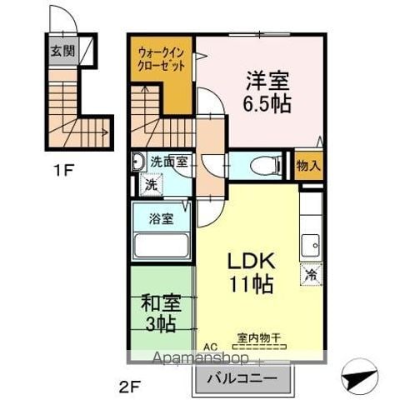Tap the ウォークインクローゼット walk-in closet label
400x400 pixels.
click(161, 59)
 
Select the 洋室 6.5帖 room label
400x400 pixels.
click(267, 92)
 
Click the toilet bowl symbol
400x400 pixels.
click(266, 166)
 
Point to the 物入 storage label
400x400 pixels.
click(308, 166)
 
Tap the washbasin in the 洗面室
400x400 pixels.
click(137, 162)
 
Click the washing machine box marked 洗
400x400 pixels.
click(152, 184)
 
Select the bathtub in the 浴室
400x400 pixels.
click(162, 246)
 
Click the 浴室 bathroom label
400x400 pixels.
click(162, 218)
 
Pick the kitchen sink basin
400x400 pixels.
click(311, 246)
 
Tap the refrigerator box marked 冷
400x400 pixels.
click(312, 274)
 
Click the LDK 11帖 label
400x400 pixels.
click(251, 273)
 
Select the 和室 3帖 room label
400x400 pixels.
click(161, 313)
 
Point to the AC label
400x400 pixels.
click(210, 347)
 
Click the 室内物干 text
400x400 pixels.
click(259, 337)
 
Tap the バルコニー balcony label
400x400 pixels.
click(242, 378)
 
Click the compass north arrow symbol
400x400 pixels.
click(360, 377)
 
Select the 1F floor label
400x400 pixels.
click(63, 170)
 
